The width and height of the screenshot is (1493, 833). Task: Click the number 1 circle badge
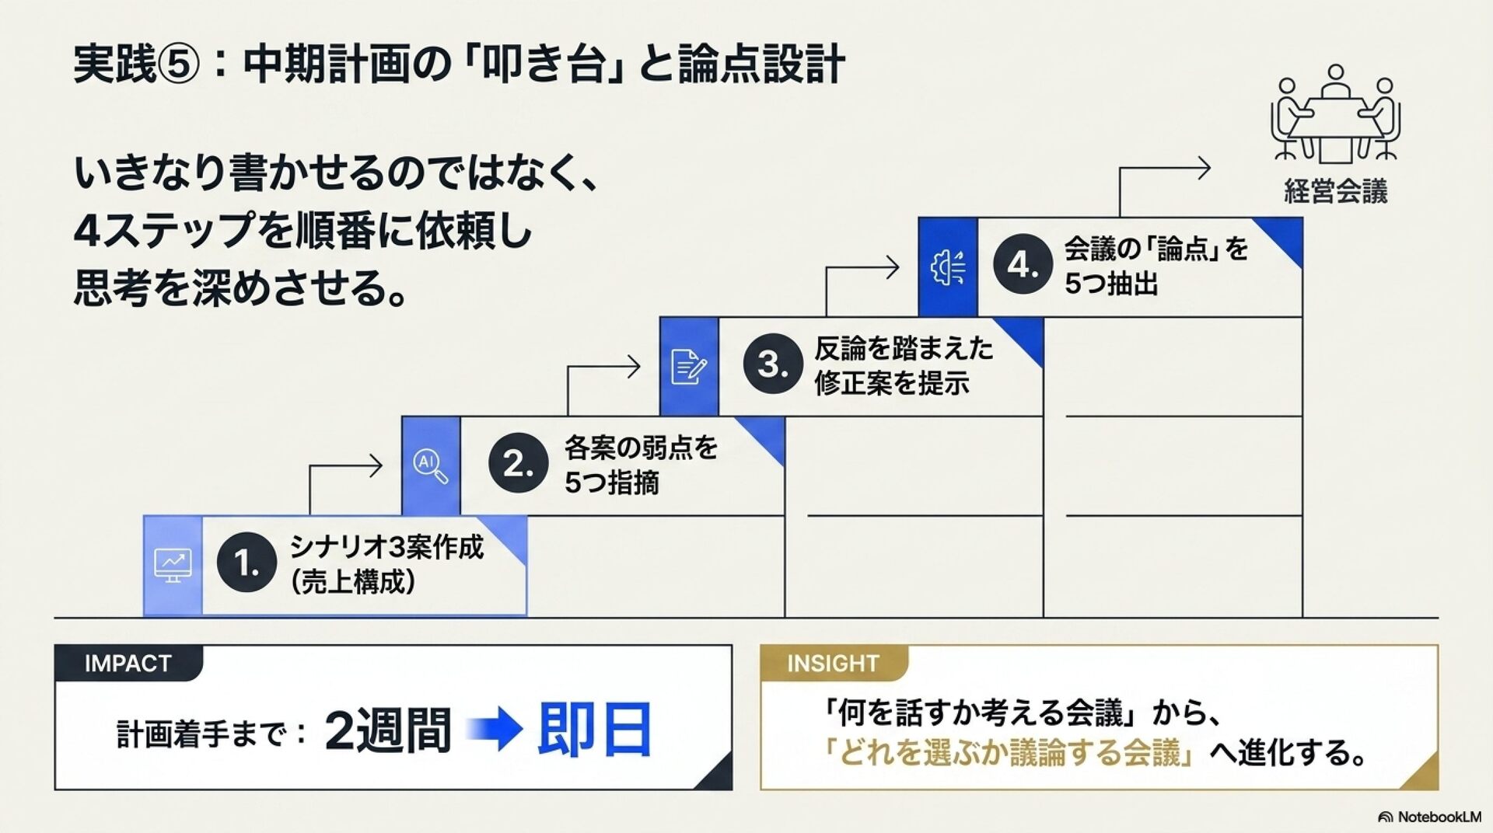247,563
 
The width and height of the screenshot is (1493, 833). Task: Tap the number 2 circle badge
518,463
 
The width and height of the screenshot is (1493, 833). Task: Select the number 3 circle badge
772,364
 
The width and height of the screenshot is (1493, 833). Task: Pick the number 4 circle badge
1023,265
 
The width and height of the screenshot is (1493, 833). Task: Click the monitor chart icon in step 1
173,566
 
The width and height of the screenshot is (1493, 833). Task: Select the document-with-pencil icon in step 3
689,367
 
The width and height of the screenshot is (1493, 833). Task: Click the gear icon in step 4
948,267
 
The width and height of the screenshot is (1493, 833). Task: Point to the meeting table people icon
1335,113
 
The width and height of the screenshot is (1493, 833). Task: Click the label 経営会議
1335,191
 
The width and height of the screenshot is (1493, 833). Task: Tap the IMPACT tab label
128,664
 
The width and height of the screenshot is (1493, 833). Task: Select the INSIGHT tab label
833,664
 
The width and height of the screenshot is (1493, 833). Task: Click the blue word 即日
595,730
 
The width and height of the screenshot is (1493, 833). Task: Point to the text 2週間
387,730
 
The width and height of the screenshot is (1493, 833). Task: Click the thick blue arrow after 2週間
495,730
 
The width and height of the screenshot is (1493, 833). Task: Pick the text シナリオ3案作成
387,547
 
